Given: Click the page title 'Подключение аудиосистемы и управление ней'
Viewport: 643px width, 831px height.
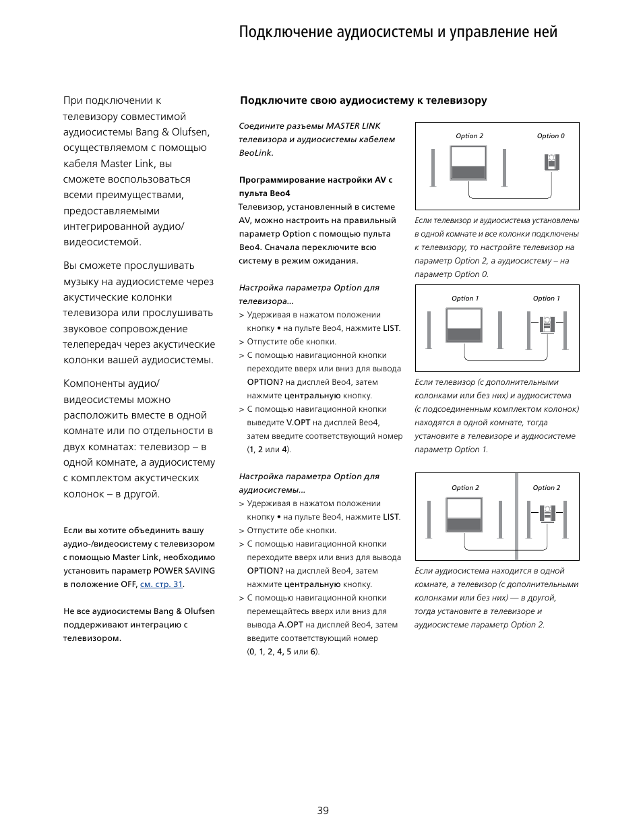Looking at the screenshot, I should (x=398, y=32).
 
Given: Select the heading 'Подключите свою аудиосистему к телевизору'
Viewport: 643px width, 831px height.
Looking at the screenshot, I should (x=363, y=100).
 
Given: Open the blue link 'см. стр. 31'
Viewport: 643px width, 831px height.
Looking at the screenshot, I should (x=161, y=584).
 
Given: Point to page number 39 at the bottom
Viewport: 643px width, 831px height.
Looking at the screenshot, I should (x=323, y=810).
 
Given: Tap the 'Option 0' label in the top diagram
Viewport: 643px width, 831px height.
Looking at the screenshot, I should (x=551, y=136).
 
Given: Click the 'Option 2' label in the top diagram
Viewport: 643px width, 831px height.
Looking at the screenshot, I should (x=469, y=136).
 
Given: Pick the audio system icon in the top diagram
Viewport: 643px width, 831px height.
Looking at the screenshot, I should (x=552, y=162).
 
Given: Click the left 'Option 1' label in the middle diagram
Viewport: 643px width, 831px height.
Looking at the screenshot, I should (x=465, y=299).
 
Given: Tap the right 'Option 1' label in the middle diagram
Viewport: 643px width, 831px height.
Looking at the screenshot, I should (x=546, y=299).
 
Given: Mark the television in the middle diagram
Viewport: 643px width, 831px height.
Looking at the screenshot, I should (x=464, y=326).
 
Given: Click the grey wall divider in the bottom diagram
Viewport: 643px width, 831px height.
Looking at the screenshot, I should (x=517, y=517).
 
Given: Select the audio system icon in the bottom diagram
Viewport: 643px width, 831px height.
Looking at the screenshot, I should (x=547, y=514).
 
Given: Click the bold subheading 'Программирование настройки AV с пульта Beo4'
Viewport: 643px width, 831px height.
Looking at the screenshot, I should (x=315, y=187).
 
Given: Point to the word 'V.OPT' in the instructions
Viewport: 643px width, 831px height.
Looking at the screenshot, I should (x=298, y=423).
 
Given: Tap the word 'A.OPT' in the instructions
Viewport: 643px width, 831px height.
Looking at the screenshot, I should (x=290, y=625).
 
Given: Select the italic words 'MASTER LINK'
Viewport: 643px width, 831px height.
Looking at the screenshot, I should (x=353, y=126).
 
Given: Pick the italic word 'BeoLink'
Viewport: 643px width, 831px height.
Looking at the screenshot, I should (x=255, y=153).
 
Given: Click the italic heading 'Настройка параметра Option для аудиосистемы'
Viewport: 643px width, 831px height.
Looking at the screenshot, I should (x=309, y=483).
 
